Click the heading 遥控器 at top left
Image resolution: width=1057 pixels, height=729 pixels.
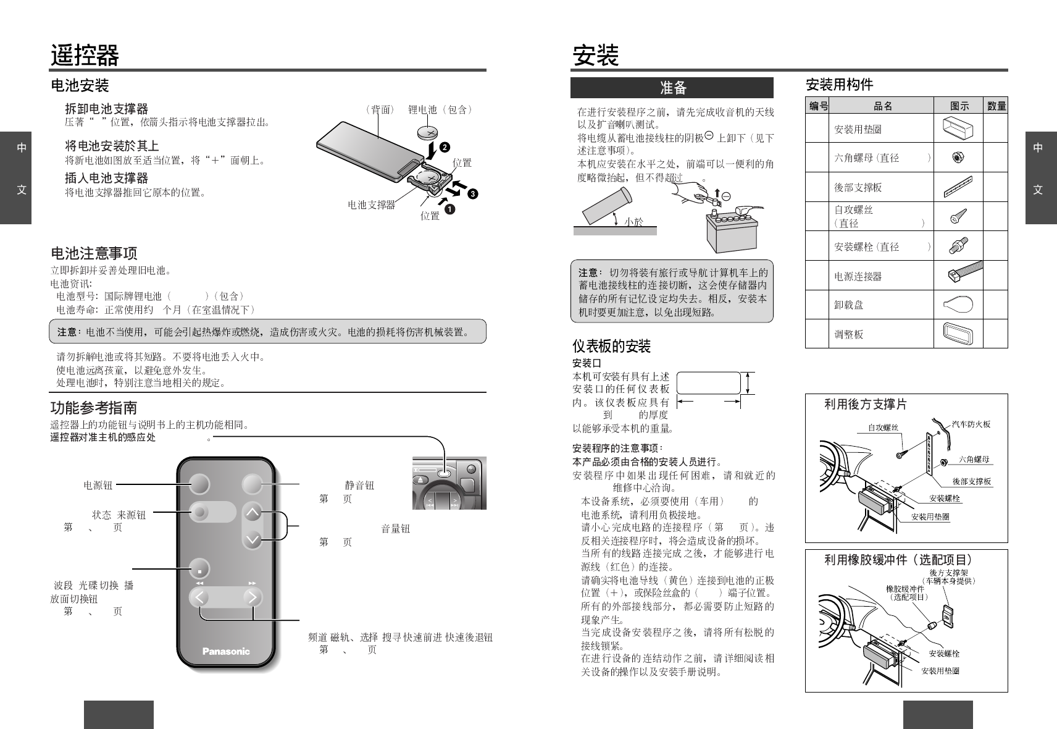(85, 56)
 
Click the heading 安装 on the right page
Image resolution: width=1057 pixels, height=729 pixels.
(596, 56)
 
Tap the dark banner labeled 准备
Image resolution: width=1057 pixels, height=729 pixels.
(672, 88)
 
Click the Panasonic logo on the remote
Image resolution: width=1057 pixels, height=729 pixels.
(226, 651)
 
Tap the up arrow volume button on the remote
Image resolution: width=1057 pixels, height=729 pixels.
(253, 512)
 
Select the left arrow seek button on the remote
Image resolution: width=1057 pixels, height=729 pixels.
(200, 597)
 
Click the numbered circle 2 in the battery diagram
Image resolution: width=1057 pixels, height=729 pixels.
(445, 147)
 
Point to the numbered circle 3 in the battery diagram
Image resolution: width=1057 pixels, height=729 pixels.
(472, 194)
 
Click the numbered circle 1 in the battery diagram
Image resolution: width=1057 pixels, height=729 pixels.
(450, 209)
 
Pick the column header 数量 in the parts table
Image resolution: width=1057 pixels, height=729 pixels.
(996, 106)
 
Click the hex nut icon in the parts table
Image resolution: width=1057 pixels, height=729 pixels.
(958, 158)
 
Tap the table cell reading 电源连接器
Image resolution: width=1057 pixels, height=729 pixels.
(858, 277)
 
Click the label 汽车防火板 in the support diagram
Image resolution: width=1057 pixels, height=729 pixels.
(971, 424)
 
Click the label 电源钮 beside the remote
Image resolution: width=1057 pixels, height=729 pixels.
(98, 486)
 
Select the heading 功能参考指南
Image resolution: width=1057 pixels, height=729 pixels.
(94, 408)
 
